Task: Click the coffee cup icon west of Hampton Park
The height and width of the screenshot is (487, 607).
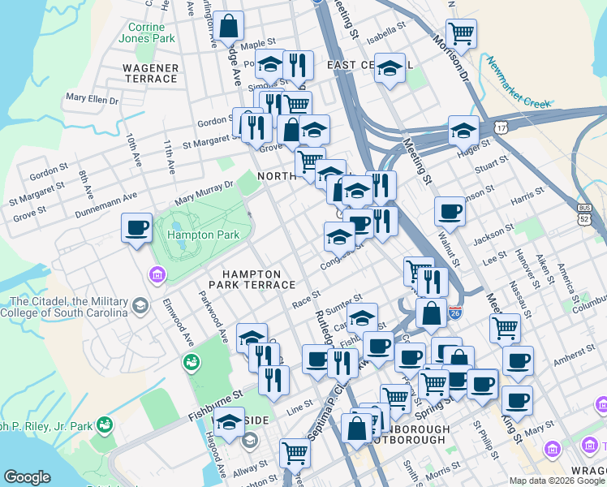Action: tap(136, 226)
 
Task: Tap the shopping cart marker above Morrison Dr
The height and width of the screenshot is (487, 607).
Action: tap(461, 34)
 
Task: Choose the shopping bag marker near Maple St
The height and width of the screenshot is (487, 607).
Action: tap(230, 26)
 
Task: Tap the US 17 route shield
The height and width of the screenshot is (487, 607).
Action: tap(503, 128)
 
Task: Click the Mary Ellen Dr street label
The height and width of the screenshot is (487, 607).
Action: tap(93, 100)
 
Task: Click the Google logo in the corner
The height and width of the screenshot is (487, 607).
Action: tap(27, 477)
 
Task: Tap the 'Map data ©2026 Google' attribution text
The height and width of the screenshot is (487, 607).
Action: tap(557, 481)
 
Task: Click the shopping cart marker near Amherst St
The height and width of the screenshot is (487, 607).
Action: tap(505, 329)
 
